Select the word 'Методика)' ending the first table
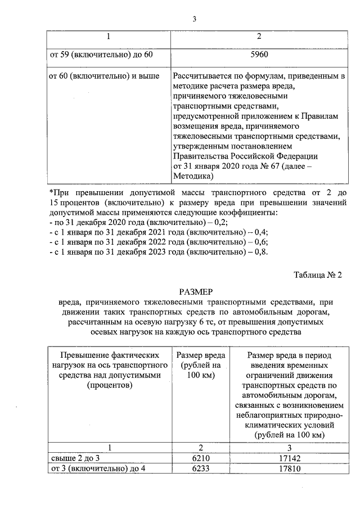click(194, 176)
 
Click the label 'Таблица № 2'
click(318, 275)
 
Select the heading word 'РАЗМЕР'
click(195, 293)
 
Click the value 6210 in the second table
click(201, 458)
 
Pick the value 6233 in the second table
click(201, 469)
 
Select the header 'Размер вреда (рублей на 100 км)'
click(201, 365)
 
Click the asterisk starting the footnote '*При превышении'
click(51, 192)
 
